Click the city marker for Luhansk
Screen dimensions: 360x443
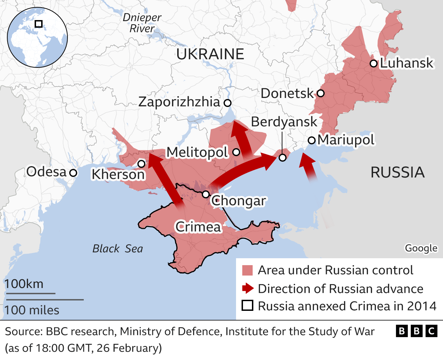coord(373,63)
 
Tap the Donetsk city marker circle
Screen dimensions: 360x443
coord(320,93)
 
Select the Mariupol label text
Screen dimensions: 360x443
coord(346,140)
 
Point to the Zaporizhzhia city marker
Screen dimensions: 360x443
coord(227,103)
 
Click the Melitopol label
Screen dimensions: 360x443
coord(197,152)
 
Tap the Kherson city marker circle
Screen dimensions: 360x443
coord(141,164)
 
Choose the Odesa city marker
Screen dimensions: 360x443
coord(73,172)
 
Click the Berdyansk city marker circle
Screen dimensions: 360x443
coord(282,158)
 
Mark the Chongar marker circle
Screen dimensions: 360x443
coord(206,194)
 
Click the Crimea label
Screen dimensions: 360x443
coord(198,227)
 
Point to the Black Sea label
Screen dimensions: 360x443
coord(118,249)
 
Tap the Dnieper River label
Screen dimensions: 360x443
coord(142,23)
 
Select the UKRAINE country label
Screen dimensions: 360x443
coord(210,54)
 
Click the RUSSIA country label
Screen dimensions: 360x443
coord(397,172)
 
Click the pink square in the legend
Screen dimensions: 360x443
coord(247,270)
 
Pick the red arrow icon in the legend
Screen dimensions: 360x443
coord(247,288)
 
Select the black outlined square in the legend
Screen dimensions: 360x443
coord(247,306)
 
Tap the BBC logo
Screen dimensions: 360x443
coord(416,331)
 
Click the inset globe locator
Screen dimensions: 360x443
coord(37,37)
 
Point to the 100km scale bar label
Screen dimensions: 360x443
coord(24,284)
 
